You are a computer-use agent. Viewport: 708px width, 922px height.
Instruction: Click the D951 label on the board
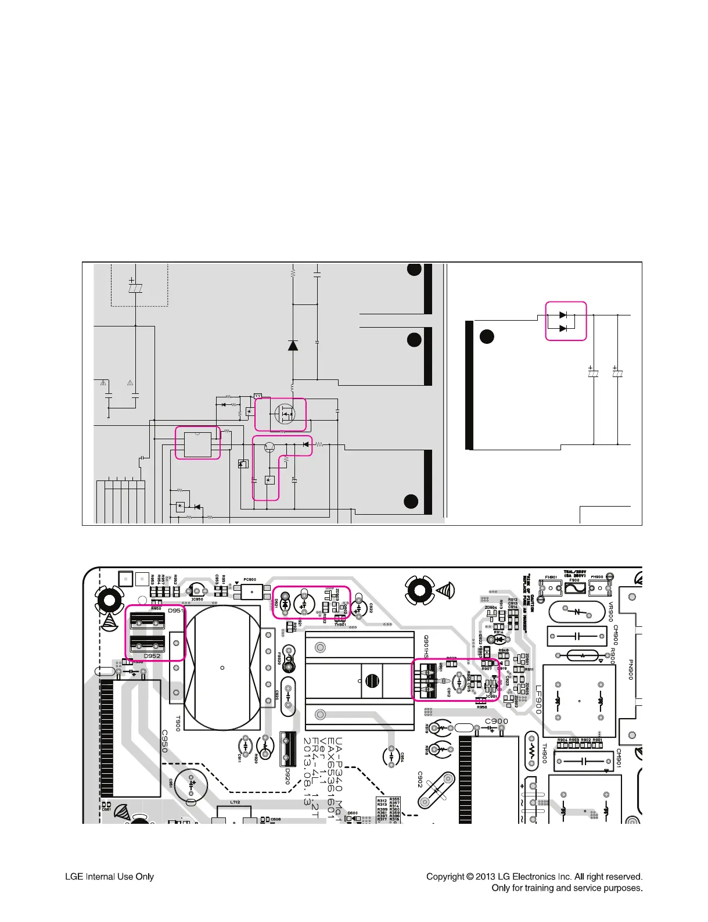pyautogui.click(x=175, y=611)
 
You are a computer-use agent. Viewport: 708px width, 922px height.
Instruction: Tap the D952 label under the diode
pyautogui.click(x=152, y=656)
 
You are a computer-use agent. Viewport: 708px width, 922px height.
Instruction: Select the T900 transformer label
pyautogui.click(x=178, y=723)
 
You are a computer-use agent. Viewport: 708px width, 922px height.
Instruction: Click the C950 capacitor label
pyautogui.click(x=164, y=741)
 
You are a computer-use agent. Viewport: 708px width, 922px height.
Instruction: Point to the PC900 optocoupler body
pyautogui.click(x=251, y=592)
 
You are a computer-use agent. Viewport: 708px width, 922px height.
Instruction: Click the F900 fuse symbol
pyautogui.click(x=574, y=588)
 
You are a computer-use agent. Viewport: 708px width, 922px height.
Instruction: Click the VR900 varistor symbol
pyautogui.click(x=577, y=612)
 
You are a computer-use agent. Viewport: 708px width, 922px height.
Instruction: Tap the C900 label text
pyautogui.click(x=496, y=721)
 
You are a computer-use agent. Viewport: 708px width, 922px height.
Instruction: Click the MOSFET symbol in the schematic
pyautogui.click(x=285, y=414)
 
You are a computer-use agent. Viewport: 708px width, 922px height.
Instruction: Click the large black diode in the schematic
pyautogui.click(x=293, y=346)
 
